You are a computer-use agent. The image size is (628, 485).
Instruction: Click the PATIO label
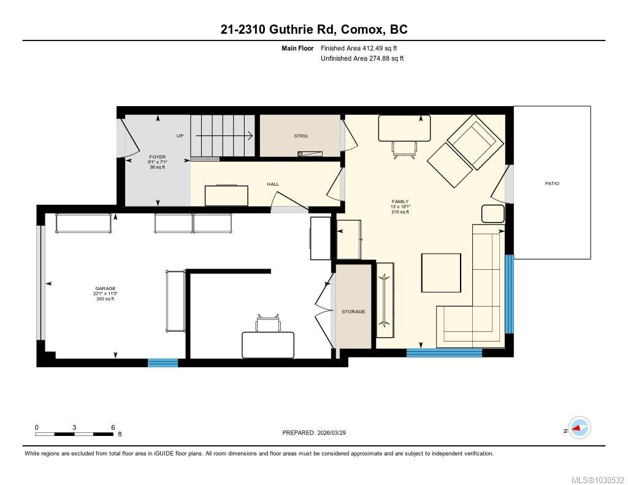click(552, 183)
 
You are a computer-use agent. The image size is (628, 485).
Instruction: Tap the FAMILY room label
click(400, 202)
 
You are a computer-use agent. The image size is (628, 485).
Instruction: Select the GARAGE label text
click(105, 289)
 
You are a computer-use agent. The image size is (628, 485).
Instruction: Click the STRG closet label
click(301, 136)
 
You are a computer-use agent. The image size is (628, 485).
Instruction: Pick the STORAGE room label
click(353, 311)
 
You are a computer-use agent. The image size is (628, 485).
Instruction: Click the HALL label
click(273, 184)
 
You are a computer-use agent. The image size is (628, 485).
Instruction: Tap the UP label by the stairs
click(180, 136)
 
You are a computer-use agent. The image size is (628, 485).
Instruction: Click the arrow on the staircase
click(224, 136)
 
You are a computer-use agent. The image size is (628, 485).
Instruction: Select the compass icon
click(579, 428)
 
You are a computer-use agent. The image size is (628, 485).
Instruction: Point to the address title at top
click(314, 29)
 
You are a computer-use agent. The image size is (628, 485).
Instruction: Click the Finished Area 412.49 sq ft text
click(362, 48)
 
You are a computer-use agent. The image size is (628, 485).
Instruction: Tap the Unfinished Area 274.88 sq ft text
click(362, 58)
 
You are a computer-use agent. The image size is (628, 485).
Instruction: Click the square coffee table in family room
click(440, 273)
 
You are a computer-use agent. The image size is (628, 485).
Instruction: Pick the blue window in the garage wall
click(163, 363)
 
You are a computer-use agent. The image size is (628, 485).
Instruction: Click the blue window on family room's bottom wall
click(444, 353)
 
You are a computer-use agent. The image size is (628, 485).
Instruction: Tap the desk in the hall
click(227, 196)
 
